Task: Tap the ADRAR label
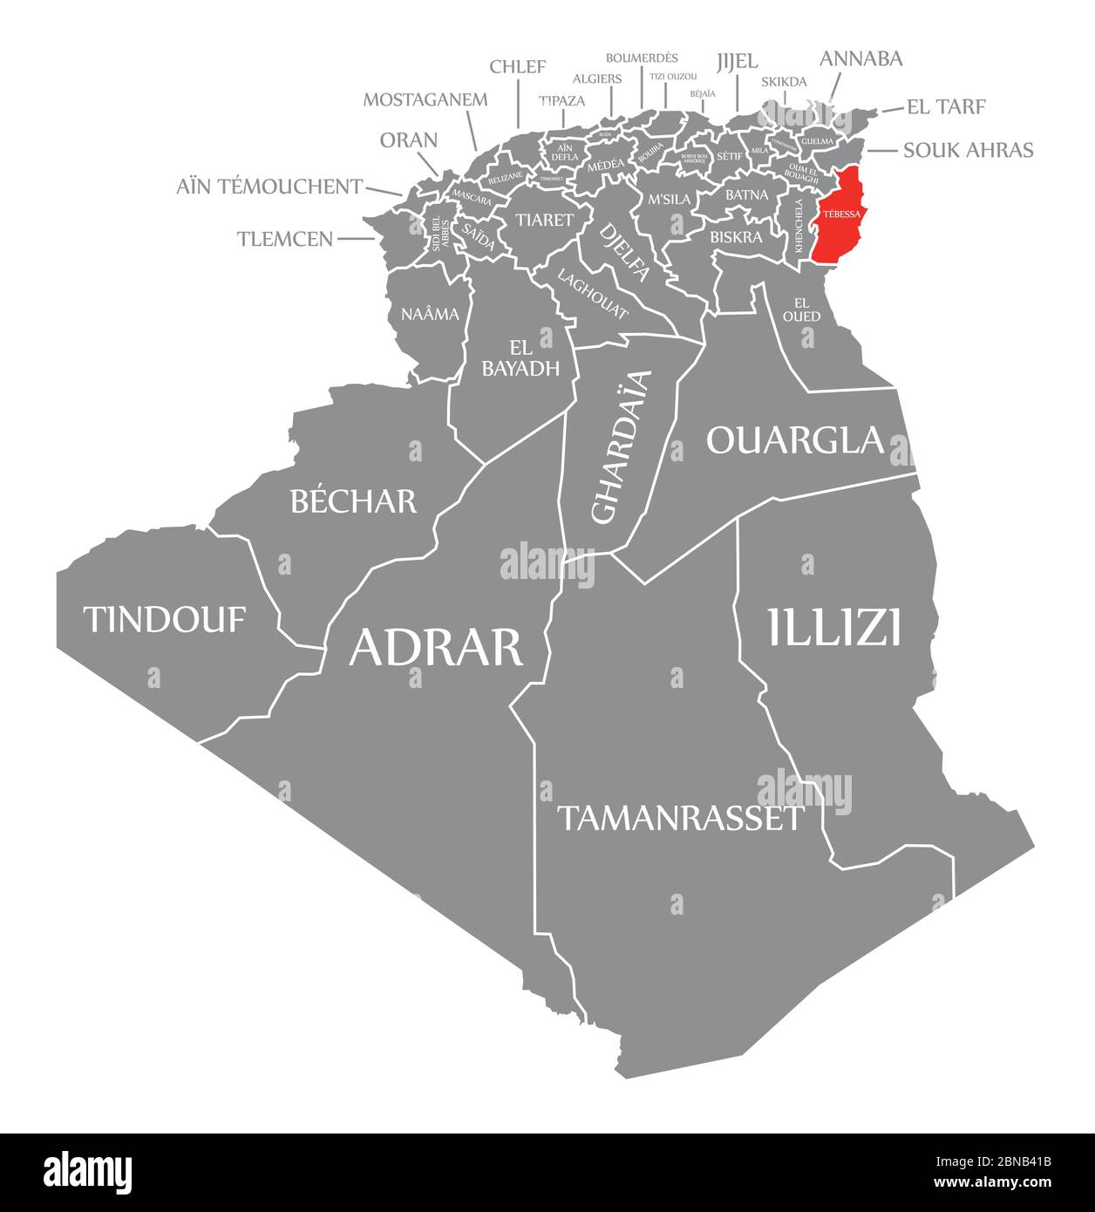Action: point(436,647)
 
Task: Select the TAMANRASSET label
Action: point(680,818)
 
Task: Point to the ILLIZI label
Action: point(834,628)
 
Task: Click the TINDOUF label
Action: point(165,619)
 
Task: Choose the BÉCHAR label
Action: point(353,501)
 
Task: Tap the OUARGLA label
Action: point(795,440)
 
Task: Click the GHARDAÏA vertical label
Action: point(621,446)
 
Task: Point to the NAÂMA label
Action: point(430,314)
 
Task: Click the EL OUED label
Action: point(801,310)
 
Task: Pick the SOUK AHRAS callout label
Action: point(968,150)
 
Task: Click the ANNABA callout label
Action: point(860,59)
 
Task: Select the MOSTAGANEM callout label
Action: point(425,99)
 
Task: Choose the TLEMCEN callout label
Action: point(284,238)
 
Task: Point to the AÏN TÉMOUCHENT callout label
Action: point(269,186)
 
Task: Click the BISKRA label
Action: point(736,236)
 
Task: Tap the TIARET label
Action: point(544,219)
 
